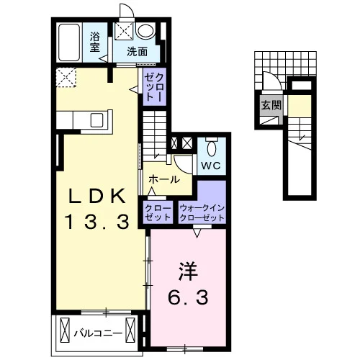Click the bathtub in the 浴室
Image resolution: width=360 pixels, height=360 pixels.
pos(69,42)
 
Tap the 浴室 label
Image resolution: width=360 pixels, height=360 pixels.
pos(95,42)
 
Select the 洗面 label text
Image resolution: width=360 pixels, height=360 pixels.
pos(137,52)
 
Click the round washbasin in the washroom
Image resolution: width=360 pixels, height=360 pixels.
pos(145,30)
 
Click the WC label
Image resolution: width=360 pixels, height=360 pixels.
pos(211,166)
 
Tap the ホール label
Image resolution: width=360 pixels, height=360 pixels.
pos(164,179)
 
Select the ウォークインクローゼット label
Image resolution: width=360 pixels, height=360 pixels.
pos(202,213)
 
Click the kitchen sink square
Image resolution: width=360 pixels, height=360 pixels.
pos(96,120)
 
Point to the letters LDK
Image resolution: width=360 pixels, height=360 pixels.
pos(97,196)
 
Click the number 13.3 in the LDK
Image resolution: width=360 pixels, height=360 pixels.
pos(97,222)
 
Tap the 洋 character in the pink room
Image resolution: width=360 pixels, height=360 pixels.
pos(188,271)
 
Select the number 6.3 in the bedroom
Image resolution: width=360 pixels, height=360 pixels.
pos(188,297)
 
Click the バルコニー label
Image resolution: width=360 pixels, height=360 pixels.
pos(98,333)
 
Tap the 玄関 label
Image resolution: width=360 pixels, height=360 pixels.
pos(271,105)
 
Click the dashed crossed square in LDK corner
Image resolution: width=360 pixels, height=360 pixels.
pos(66,77)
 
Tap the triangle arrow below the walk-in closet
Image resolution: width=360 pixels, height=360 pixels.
pos(197,233)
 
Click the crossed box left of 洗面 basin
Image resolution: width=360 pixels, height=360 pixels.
pos(124,31)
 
